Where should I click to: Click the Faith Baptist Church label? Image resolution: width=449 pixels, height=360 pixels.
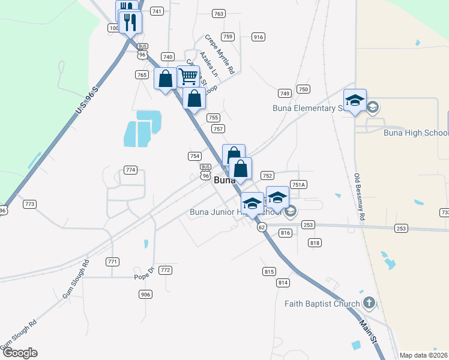click(322, 304)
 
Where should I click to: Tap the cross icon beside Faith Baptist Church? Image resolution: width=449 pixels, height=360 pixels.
click(369, 303)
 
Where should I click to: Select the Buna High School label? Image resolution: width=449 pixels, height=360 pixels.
click(416, 133)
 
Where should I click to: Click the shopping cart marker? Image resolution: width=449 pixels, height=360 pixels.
click(188, 76)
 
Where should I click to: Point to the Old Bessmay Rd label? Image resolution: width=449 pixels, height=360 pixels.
click(360, 197)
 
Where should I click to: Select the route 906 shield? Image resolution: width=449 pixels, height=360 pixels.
click(145, 294)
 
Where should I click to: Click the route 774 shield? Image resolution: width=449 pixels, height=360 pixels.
click(130, 170)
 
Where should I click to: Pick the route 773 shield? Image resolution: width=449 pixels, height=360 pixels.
click(29, 205)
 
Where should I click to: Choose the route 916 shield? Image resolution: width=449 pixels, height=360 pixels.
click(258, 37)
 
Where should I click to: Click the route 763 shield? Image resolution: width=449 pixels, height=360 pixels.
click(218, 13)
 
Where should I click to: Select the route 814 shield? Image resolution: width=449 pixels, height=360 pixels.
click(283, 282)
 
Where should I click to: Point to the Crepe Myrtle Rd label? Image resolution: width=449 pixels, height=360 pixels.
click(218, 54)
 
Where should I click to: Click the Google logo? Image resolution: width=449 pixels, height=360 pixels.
click(19, 353)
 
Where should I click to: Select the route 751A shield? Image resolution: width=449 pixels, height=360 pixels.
click(298, 185)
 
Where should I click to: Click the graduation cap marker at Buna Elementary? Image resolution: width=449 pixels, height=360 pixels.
click(355, 100)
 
